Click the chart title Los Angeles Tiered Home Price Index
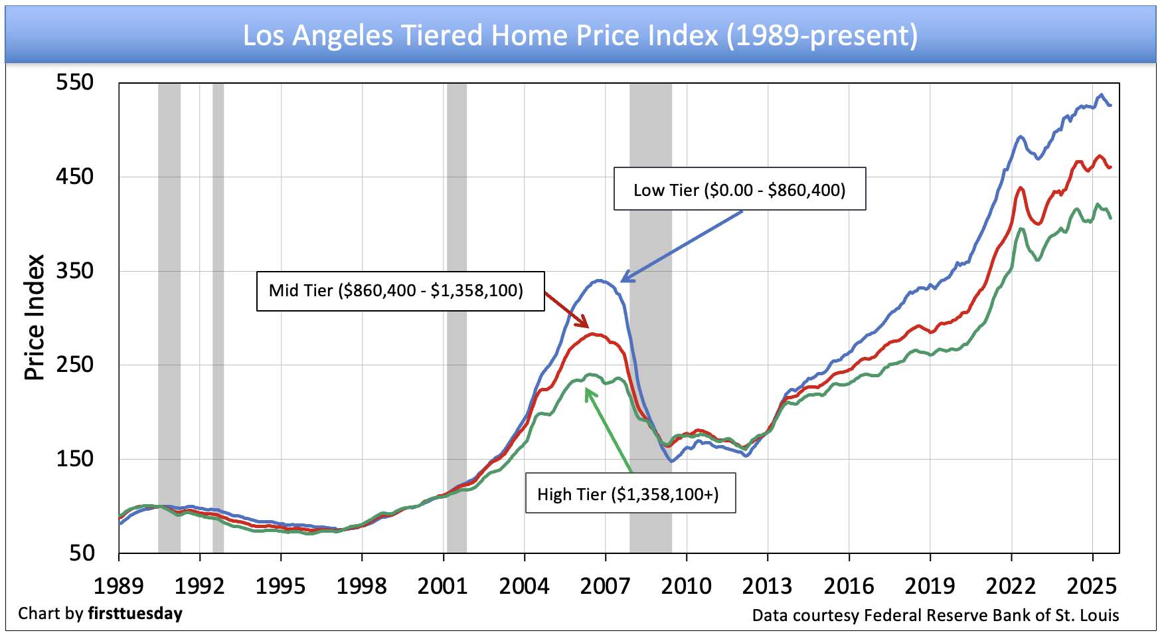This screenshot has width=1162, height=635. tap(580, 35)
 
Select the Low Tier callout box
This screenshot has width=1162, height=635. tap(739, 189)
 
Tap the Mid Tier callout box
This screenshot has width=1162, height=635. tap(400, 291)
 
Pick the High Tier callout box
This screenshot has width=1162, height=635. tap(630, 494)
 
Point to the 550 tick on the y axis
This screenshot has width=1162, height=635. tap(75, 82)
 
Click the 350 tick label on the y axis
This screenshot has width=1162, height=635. tap(75, 270)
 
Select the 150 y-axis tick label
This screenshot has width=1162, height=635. tap(75, 458)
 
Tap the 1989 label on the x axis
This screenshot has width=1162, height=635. tap(119, 586)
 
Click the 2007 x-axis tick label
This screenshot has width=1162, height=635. tap(605, 586)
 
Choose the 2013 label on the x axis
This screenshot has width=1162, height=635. tap(768, 586)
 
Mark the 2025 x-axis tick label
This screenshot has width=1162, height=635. tap(1092, 586)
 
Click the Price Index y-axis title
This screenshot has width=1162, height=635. tap(35, 317)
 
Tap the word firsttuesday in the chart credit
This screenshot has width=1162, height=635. tap(135, 613)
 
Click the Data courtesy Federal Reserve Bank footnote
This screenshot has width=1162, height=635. tap(935, 616)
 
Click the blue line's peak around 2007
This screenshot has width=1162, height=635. tap(600, 280)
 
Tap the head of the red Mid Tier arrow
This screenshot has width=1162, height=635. tap(587, 325)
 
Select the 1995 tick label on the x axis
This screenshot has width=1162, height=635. tap(281, 586)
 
